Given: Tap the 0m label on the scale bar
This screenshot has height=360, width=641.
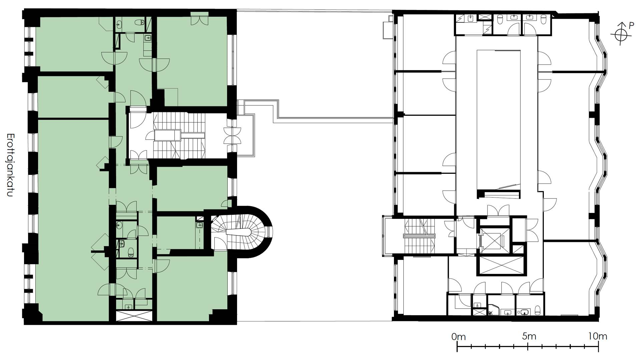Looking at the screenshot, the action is pyautogui.click(x=458, y=337).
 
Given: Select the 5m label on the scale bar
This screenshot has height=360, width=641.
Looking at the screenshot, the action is pyautogui.click(x=529, y=336).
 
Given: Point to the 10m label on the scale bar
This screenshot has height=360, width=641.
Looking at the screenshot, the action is pyautogui.click(x=598, y=336).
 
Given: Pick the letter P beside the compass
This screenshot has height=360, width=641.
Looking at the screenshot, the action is pyautogui.click(x=631, y=26).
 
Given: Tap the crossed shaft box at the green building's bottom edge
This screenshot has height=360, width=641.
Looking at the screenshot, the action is pyautogui.click(x=134, y=316).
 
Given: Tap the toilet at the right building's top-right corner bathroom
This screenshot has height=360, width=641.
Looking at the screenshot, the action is pyautogui.click(x=543, y=20).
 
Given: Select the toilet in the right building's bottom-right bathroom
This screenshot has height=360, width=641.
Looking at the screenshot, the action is pyautogui.click(x=537, y=311).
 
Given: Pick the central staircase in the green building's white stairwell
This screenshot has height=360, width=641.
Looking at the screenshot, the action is pyautogui.click(x=179, y=135).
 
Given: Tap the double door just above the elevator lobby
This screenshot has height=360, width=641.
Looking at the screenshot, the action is pyautogui.click(x=498, y=211).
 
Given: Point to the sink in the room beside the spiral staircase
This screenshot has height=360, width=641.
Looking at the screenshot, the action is pyautogui.click(x=200, y=225).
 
